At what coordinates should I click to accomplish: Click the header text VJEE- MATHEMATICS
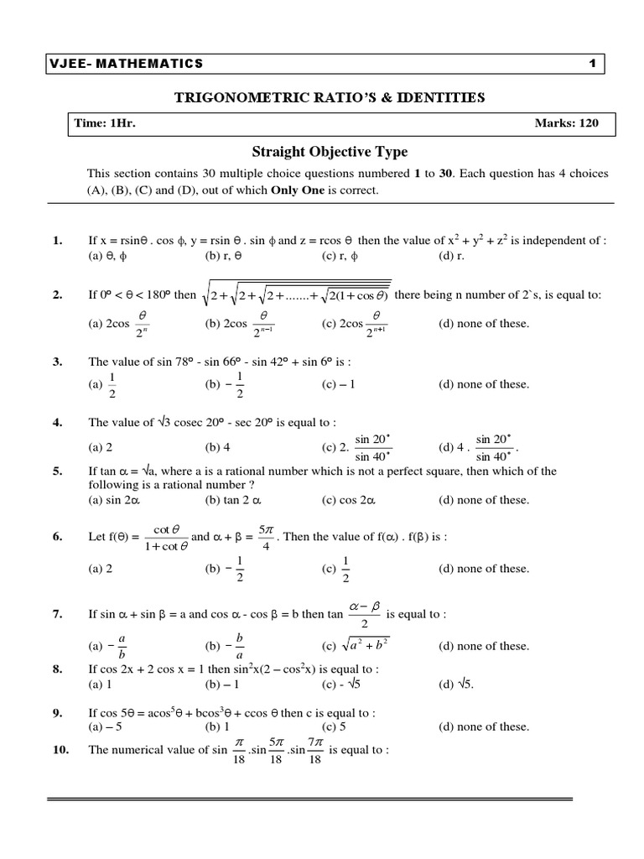click(x=126, y=64)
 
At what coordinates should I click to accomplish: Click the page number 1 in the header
click(x=592, y=64)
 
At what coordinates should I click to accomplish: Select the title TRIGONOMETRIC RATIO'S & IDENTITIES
click(x=329, y=98)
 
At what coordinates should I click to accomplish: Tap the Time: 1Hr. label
click(x=105, y=123)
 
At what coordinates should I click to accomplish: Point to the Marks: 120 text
click(x=567, y=123)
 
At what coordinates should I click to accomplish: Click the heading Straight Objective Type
click(x=330, y=152)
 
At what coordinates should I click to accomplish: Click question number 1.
click(x=58, y=241)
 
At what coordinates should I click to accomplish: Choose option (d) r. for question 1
click(x=449, y=255)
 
